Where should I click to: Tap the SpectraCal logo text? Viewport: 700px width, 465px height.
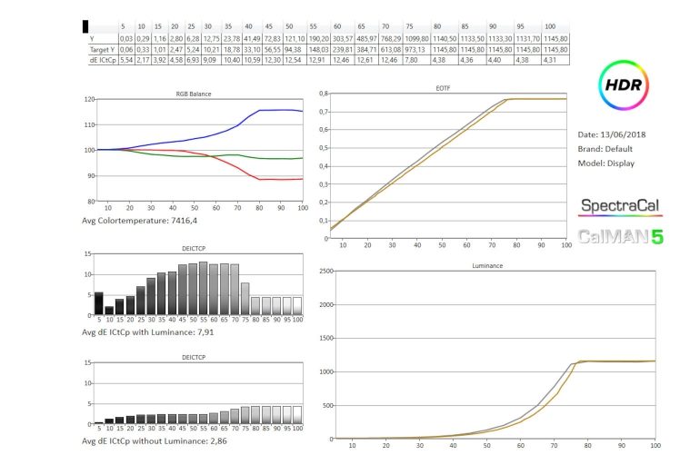[620, 206]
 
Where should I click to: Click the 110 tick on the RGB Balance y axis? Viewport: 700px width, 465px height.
[89, 124]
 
